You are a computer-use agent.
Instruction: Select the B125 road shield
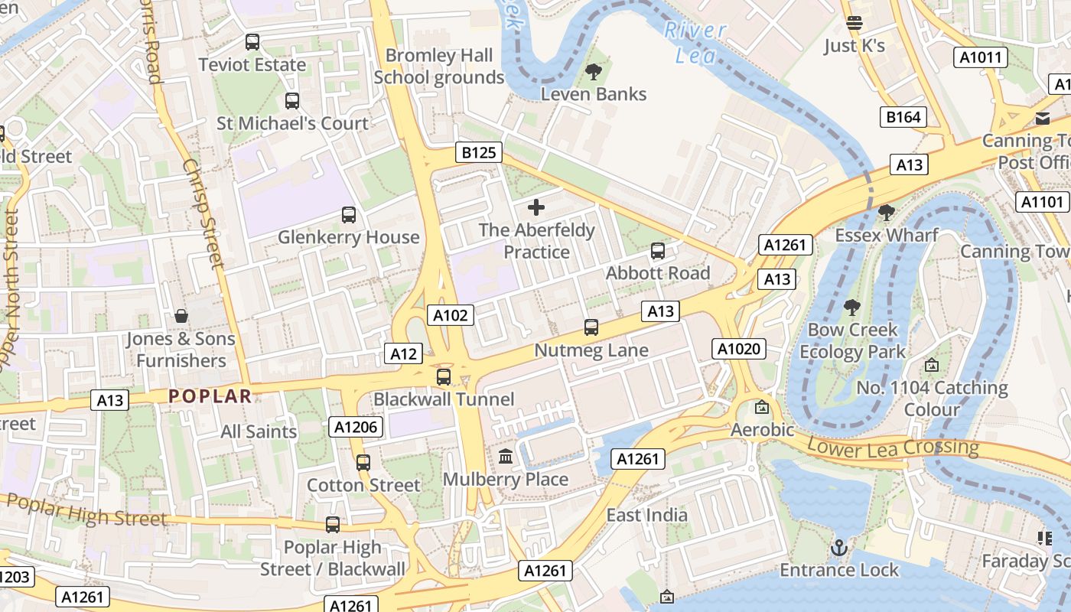479,152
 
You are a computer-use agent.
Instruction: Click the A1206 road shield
356,427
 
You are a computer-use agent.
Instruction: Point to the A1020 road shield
738,349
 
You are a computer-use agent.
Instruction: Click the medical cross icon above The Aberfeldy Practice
536,207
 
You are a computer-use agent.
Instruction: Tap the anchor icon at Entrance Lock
839,548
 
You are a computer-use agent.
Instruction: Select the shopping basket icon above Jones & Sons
181,316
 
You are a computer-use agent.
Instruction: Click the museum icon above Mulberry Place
506,457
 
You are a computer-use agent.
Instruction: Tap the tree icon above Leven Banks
593,72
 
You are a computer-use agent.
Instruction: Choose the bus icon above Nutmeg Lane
591,327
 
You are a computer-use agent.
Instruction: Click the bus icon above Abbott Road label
657,250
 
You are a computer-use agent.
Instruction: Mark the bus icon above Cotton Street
363,462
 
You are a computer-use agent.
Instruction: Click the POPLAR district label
210,396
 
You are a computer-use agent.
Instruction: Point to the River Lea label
695,42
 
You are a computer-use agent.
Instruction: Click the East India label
647,515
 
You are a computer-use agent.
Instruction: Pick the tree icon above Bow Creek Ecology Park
851,308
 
